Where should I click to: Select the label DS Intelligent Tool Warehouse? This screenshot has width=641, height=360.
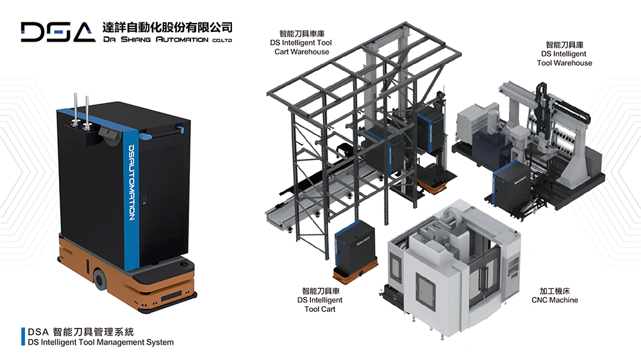564,58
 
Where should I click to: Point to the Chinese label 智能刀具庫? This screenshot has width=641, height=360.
564,45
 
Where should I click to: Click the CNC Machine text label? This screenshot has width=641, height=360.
554,300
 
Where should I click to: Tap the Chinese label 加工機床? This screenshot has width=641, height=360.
554,290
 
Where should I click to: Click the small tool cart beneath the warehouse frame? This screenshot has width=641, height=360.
355,250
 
